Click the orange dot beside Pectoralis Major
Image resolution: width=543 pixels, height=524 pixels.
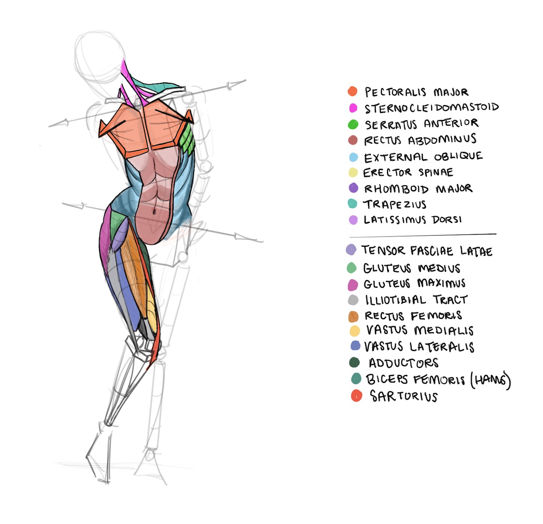(353, 91)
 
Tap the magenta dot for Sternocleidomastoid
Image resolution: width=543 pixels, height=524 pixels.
(353, 108)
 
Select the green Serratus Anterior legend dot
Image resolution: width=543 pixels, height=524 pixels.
(353, 124)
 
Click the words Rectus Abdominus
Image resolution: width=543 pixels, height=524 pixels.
(420, 140)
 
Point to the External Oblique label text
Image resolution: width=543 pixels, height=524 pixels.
(423, 157)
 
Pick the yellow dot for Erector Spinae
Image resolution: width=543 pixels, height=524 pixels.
(353, 172)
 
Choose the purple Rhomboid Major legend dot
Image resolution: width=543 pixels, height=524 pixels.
(353, 188)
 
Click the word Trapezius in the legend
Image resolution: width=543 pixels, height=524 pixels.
(395, 204)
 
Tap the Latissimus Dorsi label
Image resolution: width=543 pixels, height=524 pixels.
(413, 220)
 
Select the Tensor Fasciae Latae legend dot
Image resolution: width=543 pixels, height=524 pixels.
(351, 250)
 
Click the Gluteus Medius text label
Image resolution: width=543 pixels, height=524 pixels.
(411, 268)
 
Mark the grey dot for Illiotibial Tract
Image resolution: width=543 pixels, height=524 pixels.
(353, 300)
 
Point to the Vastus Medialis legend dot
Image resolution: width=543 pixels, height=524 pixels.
(355, 331)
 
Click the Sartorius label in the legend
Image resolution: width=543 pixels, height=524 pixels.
(404, 396)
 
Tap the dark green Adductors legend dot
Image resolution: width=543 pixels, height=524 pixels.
(354, 362)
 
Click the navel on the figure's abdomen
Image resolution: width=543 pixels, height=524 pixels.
(155, 211)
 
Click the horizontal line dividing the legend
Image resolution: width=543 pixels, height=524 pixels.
(423, 235)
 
